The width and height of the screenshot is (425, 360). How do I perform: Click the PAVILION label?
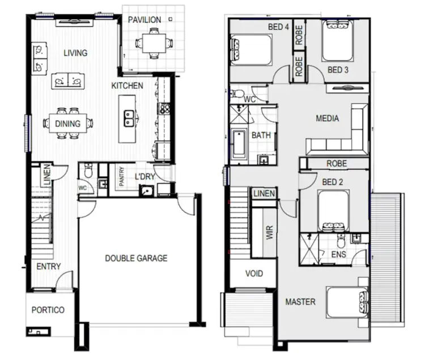tap(144, 20)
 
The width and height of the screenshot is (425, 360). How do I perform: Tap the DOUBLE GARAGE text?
tap(136, 258)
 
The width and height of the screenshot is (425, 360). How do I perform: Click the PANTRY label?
tap(121, 176)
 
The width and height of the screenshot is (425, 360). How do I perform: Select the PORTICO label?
tap(48, 310)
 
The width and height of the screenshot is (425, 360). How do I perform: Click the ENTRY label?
tap(49, 266)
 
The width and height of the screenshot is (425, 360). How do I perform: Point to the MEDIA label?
tap(327, 118)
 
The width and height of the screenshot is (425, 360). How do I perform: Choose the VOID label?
tap(254, 273)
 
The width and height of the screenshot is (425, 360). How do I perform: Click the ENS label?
tap(338, 255)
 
